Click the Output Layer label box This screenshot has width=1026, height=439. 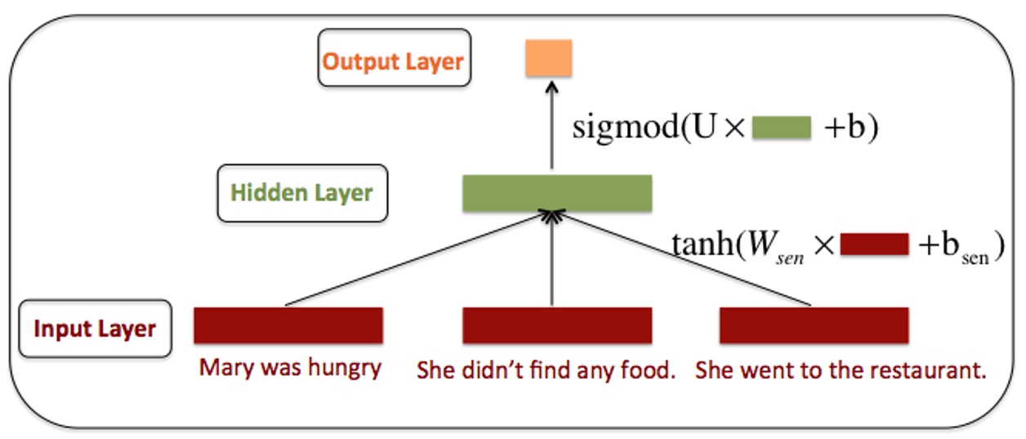point(394,59)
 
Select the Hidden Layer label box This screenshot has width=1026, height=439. point(301,193)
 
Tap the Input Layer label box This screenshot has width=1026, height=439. point(95,329)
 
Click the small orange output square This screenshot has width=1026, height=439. point(549,57)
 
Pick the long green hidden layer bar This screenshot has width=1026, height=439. point(557,193)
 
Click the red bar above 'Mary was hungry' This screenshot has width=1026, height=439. point(288,325)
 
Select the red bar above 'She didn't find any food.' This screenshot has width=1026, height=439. point(557,325)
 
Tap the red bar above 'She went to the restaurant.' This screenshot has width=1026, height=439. point(814,325)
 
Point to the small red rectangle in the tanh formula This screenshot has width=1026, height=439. point(874,244)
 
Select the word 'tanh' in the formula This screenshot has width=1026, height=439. point(702,244)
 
